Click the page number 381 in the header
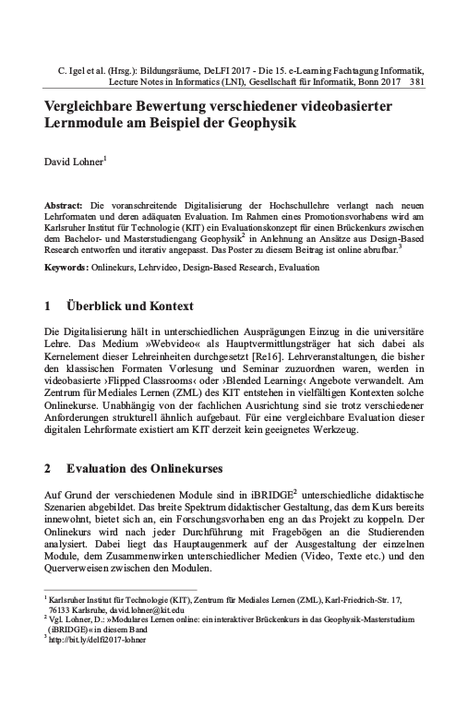click(415, 81)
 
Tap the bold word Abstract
click(63, 202)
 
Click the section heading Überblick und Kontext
click(133, 304)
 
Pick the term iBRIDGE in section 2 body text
click(275, 498)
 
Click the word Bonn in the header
click(367, 81)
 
